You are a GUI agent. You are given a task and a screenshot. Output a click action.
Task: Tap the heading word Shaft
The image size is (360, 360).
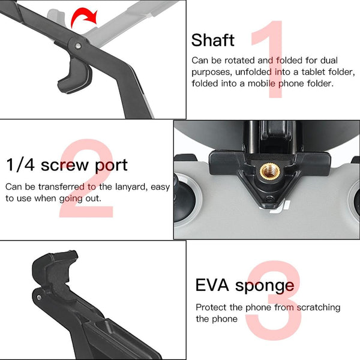[x=213, y=40]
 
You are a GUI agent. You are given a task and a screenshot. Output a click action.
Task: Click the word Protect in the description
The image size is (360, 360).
[x=212, y=307]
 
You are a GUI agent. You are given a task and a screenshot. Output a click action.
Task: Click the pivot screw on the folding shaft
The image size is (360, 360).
[x=79, y=45]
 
